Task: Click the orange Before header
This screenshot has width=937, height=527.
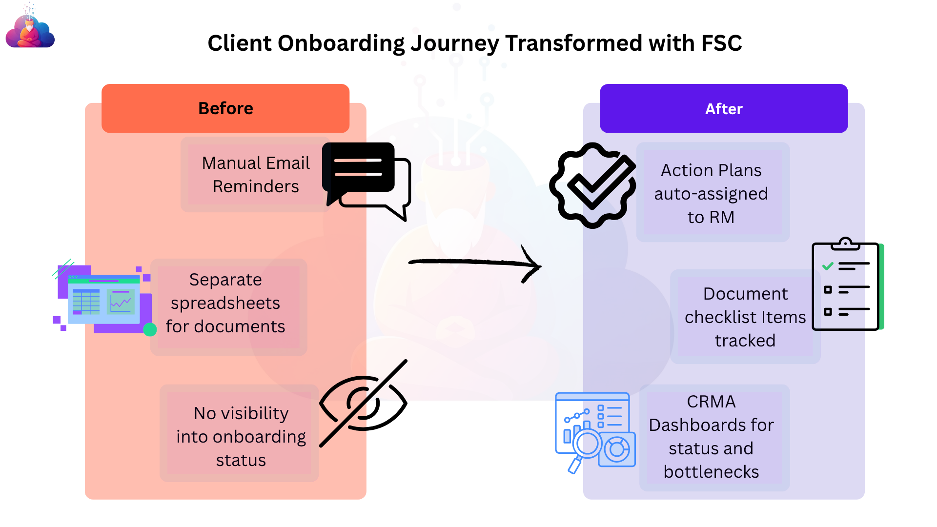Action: point(225,108)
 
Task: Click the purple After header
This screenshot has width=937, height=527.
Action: point(724,108)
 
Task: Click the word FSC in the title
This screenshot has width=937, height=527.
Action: point(721,43)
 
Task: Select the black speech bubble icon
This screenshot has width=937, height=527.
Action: point(366,181)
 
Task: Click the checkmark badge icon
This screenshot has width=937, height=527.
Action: point(592,185)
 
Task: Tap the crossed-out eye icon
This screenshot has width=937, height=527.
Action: point(364,403)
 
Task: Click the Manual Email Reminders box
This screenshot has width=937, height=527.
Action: point(256,175)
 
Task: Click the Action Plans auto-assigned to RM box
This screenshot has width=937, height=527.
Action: point(713,192)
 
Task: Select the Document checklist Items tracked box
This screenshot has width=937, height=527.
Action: point(745,317)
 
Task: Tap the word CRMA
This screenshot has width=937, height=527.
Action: point(711,402)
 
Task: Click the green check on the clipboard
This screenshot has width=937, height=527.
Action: point(828,266)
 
